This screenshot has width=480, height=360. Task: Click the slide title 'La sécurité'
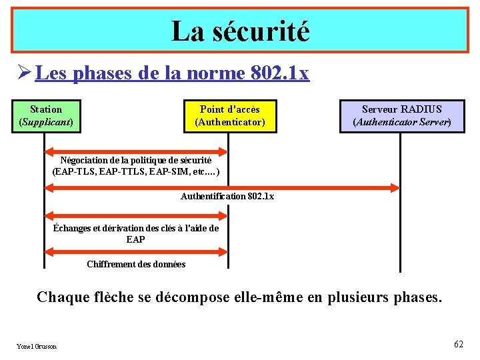[x=240, y=31]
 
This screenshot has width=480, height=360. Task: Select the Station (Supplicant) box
[x=46, y=116]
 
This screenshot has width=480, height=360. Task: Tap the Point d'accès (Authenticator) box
[x=230, y=116]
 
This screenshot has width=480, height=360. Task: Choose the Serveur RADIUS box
[x=401, y=116]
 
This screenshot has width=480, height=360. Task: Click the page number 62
[x=458, y=344]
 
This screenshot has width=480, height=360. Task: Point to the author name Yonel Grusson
[x=37, y=346]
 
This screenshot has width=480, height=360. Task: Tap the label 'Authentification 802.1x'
[x=227, y=196]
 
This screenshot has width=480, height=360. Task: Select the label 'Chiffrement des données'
[x=136, y=264]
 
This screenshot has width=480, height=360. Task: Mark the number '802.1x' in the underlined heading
[x=281, y=73]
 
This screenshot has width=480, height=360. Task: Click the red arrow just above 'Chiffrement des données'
[x=136, y=252]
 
